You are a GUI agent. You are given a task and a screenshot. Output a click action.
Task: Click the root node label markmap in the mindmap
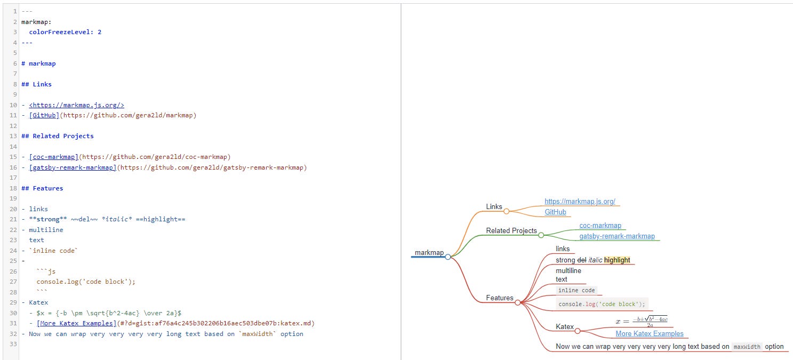(x=429, y=252)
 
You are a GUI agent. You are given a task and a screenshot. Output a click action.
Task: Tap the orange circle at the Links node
(x=506, y=211)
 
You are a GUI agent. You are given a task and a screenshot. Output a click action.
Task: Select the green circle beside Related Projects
(x=541, y=235)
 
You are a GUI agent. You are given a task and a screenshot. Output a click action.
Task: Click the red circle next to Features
(x=517, y=302)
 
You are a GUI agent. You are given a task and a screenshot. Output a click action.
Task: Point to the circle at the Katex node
(x=577, y=331)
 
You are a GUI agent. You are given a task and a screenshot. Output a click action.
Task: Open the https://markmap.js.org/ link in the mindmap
(x=580, y=202)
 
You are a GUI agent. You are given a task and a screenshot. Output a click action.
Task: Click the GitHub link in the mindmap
(x=555, y=212)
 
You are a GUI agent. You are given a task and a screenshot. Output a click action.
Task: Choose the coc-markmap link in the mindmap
(x=600, y=226)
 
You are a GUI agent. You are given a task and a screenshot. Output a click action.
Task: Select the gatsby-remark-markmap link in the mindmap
(x=616, y=236)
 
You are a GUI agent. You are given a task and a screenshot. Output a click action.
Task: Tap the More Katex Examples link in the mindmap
(x=649, y=334)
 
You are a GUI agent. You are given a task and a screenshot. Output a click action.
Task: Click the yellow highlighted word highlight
(x=617, y=260)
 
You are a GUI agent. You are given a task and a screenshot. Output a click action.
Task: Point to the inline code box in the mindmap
(x=576, y=290)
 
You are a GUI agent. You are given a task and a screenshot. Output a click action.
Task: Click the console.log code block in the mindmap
(x=602, y=304)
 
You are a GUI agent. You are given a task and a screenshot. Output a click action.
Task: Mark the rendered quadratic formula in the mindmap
(x=642, y=321)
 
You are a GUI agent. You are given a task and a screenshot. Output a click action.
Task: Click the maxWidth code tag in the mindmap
(x=747, y=347)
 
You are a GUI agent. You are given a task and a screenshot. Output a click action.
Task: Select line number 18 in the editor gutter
(x=11, y=188)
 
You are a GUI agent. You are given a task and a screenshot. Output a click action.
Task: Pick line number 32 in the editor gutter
(x=11, y=334)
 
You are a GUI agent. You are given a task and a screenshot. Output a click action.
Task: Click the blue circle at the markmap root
(x=447, y=257)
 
